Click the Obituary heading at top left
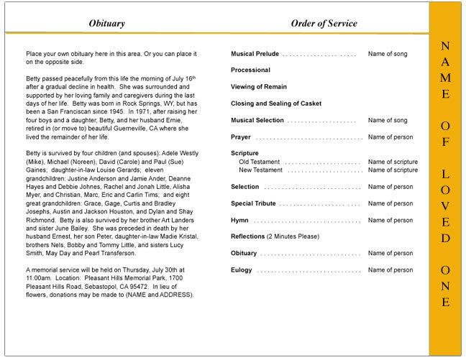106,24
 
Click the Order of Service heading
324,24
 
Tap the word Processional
250,70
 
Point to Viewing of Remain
258,87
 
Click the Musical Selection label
257,120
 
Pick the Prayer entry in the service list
241,137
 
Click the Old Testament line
260,162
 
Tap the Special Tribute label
253,203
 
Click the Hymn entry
240,220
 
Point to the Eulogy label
242,270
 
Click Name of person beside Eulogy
390,270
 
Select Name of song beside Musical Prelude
388,54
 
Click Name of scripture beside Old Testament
393,162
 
